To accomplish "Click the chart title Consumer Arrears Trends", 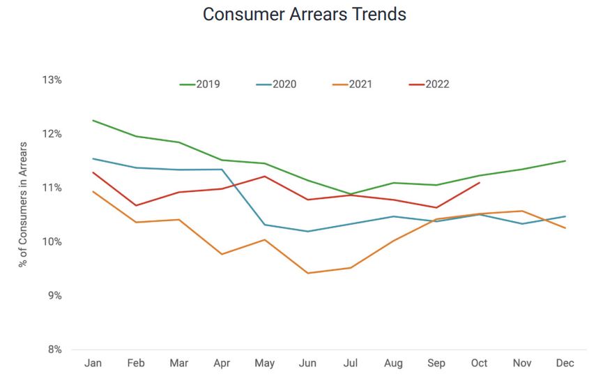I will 305,14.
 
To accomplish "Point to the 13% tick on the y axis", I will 52,80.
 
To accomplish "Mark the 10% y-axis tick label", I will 52,242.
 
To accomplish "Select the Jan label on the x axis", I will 93,364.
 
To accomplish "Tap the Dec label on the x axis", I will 565,364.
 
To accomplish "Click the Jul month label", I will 351,364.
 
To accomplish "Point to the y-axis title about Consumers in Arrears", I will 23,204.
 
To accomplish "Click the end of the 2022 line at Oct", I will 480,183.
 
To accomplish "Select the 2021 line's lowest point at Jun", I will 307,273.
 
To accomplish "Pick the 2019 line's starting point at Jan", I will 93,120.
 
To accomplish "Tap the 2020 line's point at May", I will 265,225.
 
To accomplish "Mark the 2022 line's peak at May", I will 265,176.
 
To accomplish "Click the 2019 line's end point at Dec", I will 565,161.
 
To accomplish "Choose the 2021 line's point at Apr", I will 222,254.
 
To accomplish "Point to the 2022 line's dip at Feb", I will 136,205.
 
